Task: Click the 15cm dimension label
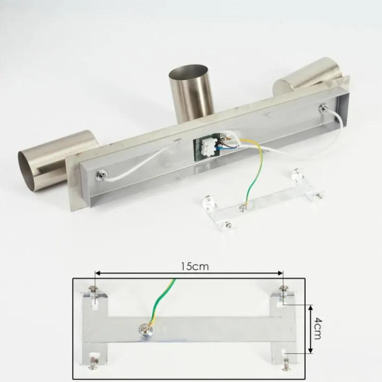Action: pos(194,266)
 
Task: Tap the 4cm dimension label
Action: pos(317,328)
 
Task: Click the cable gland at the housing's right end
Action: pos(324,107)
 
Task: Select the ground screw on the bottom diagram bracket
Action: pos(144,330)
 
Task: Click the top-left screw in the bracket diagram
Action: pos(94,289)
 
